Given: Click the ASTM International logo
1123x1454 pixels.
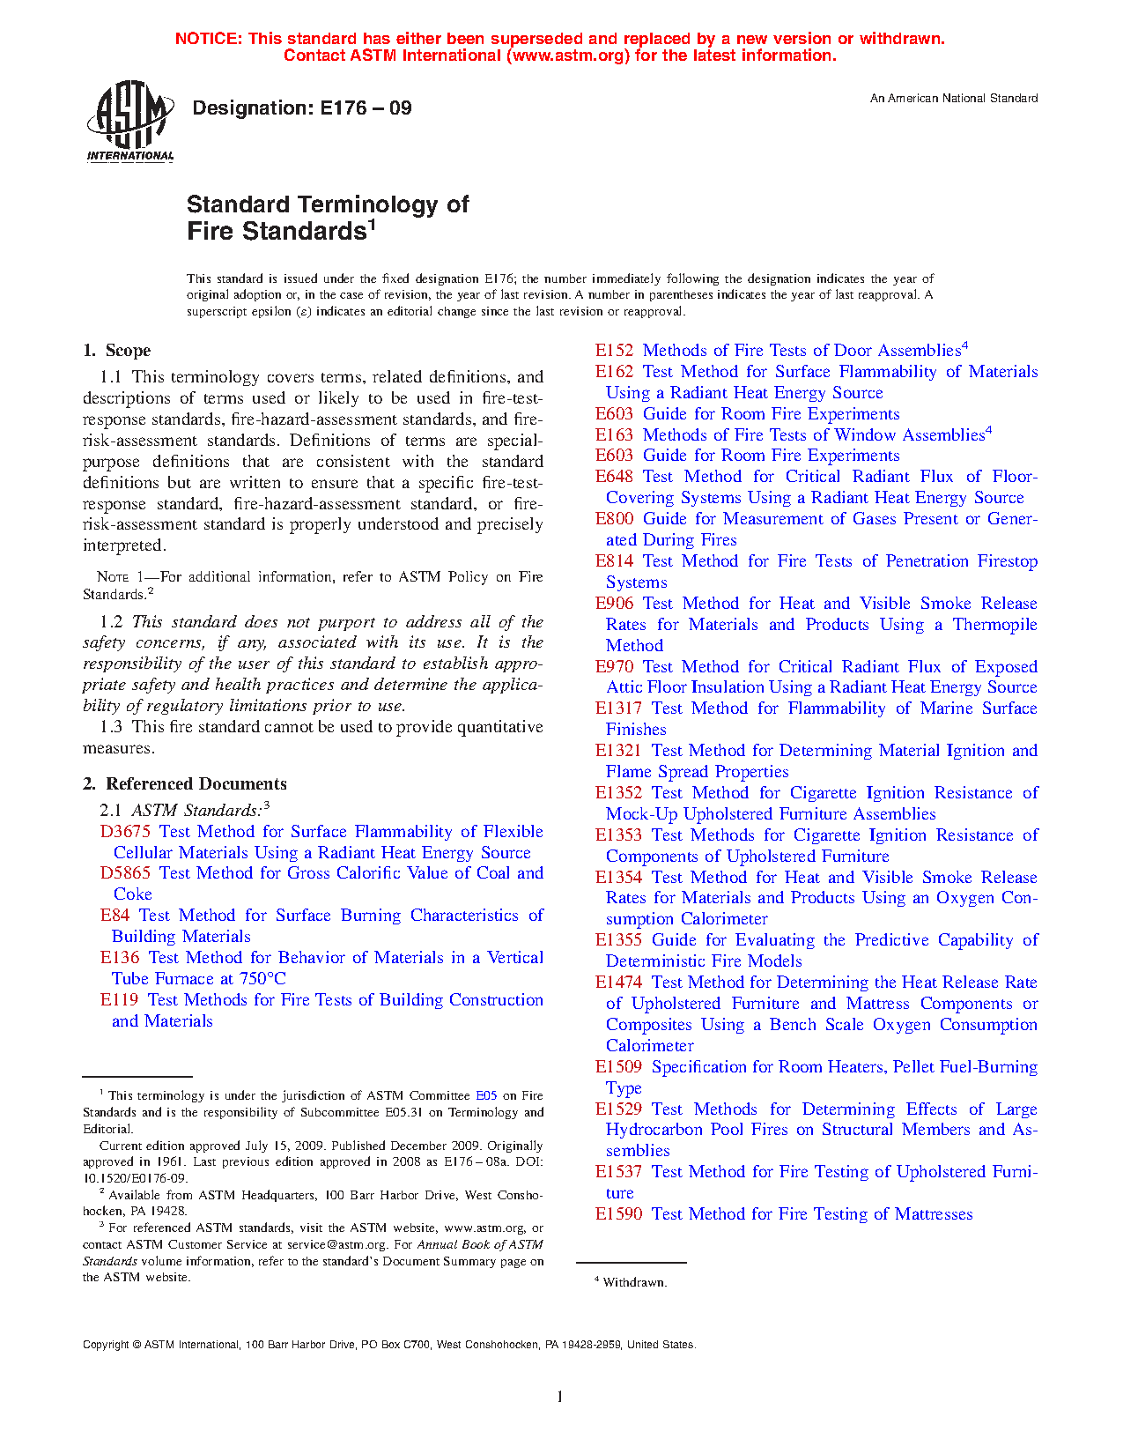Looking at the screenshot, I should click(129, 121).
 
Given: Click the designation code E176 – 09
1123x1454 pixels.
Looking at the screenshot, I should click(365, 108).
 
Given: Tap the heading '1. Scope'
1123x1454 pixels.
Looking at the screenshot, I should click(117, 350).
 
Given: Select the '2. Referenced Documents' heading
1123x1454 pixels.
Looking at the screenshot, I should click(184, 783).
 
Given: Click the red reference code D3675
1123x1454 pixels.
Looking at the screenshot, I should click(125, 831).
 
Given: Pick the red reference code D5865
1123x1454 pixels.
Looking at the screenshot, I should click(125, 872).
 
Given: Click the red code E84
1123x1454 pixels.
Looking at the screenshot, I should click(115, 915).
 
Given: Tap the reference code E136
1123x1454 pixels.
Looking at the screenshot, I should click(119, 957).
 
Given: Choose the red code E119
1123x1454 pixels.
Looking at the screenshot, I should click(119, 999).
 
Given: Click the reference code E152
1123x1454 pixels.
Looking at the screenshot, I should click(614, 350).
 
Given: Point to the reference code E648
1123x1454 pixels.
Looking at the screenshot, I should click(614, 476).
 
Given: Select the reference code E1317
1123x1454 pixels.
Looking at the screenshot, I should click(618, 708).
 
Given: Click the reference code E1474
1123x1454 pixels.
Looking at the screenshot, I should click(618, 982).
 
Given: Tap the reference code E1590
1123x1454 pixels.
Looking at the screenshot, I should click(618, 1213).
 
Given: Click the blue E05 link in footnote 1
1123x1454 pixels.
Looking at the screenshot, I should click(486, 1095).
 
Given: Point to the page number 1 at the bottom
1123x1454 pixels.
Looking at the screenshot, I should click(560, 1396).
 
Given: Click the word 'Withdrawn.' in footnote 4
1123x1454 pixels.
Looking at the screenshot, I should click(635, 1282).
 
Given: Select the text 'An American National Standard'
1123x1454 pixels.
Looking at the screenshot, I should click(954, 99).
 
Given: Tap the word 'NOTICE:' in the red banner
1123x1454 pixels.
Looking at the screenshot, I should click(208, 39).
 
